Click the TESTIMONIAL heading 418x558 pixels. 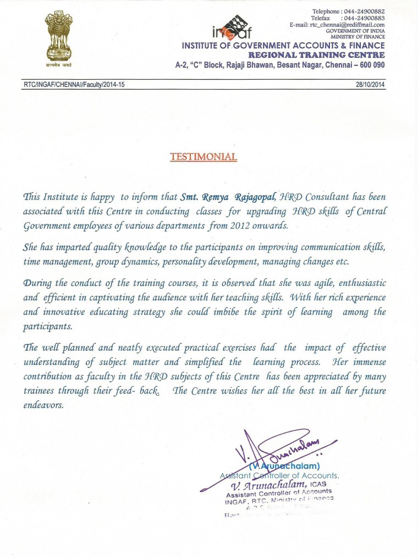[x=204, y=157]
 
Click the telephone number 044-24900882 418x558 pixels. [x=364, y=12]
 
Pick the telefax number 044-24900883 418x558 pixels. [x=364, y=18]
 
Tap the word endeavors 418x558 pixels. [x=43, y=406]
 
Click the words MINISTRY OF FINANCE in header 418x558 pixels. [x=361, y=37]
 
